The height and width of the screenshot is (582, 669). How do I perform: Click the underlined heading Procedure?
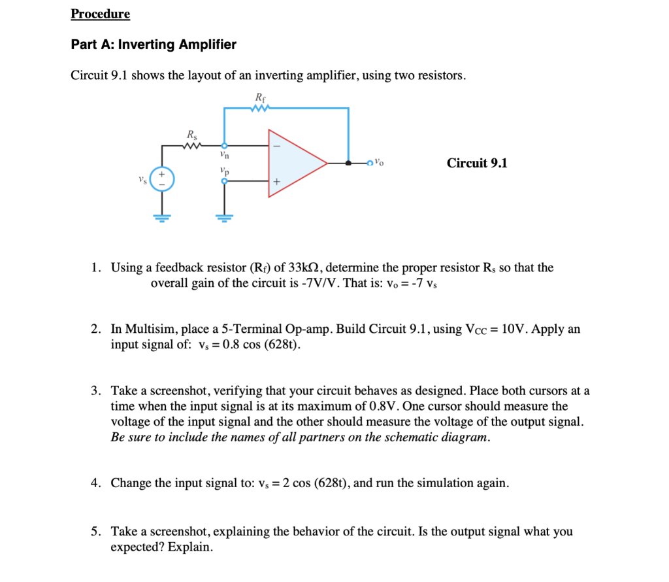point(100,14)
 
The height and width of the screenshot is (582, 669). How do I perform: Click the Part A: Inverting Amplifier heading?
point(154,45)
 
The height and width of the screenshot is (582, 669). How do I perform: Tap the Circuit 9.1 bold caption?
point(477,163)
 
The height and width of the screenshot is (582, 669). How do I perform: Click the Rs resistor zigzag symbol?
point(193,146)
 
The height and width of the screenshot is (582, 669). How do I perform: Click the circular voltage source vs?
point(162,179)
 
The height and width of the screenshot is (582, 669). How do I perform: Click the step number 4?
point(95,483)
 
